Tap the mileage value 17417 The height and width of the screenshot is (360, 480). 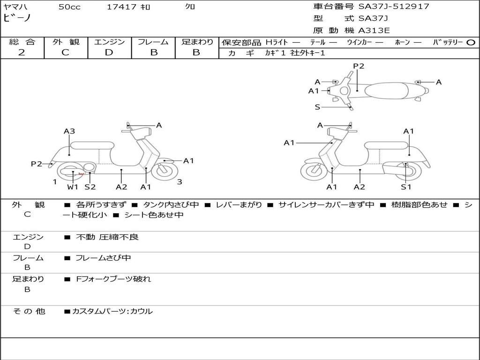tap(121, 7)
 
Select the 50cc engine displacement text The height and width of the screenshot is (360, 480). tap(69, 7)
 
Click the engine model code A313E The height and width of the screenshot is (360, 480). tap(374, 30)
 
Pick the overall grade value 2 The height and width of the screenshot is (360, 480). tap(22, 52)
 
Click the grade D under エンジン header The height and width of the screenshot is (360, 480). tap(109, 52)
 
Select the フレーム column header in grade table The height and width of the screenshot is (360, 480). tap(153, 42)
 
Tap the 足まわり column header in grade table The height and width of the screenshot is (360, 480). tap(197, 42)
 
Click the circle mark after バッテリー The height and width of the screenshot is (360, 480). tap(471, 42)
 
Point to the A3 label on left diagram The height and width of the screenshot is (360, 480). tap(69, 131)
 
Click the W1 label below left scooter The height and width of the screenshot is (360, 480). tap(72, 187)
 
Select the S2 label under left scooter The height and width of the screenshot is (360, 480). tap(90, 187)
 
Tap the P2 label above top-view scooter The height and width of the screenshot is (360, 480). tap(359, 66)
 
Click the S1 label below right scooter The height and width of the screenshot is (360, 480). tap(406, 187)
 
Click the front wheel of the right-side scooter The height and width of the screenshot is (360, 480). tap(314, 172)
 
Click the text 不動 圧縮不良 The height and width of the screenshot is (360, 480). tap(107, 237)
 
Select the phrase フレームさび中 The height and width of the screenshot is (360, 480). tap(103, 258)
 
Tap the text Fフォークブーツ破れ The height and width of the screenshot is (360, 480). tap(113, 279)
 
